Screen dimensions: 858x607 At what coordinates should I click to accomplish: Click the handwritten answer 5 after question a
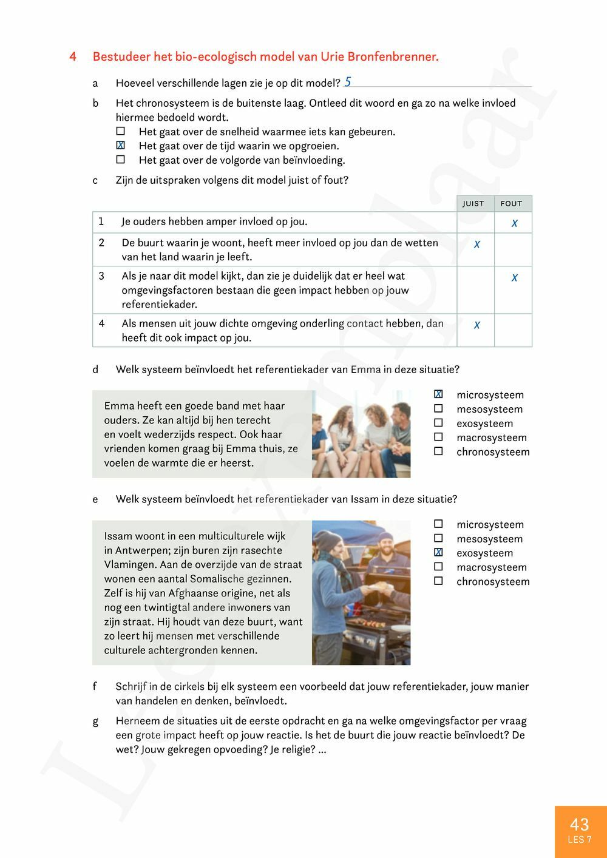347,81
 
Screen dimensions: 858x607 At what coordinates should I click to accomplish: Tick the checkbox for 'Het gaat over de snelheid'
121,131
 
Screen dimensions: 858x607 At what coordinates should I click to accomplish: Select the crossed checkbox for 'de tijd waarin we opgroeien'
121,145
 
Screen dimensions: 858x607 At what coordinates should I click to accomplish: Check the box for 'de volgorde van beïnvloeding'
121,160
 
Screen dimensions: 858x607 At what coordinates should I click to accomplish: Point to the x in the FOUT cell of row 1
514,223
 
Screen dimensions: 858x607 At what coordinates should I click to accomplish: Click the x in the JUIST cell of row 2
476,245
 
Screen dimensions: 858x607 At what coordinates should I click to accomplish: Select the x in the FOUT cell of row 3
514,278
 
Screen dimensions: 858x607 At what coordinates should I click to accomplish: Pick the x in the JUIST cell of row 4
476,325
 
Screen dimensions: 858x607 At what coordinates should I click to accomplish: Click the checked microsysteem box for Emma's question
438,394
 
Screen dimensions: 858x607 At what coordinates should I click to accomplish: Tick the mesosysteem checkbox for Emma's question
438,409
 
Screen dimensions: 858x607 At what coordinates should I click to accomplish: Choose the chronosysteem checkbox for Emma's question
438,451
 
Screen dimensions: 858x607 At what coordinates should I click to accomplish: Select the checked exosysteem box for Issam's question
438,553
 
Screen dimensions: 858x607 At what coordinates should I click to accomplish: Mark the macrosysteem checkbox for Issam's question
438,567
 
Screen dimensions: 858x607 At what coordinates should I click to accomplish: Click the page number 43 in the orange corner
579,824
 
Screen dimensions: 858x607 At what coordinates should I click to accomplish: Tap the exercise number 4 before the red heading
73,57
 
